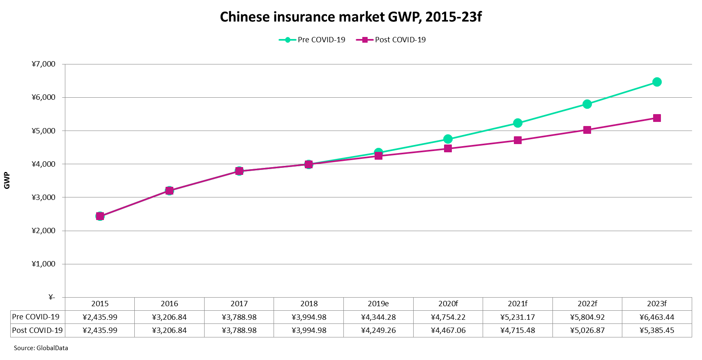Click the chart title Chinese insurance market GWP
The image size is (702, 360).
click(350, 17)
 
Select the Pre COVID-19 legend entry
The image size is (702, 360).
click(312, 40)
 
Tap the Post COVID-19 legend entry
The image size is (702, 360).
click(391, 40)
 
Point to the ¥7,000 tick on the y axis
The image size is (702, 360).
click(44, 64)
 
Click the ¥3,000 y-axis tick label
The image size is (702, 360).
click(44, 197)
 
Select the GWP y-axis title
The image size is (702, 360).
click(7, 181)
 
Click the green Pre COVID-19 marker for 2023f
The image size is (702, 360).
click(656, 82)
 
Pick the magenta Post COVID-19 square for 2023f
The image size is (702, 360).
click(656, 118)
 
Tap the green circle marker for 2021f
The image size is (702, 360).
click(518, 123)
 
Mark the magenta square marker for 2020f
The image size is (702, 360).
click(448, 149)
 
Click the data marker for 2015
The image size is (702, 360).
click(100, 216)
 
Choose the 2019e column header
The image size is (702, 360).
click(378, 304)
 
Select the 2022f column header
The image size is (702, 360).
click(587, 304)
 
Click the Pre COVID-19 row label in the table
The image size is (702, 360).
click(36, 317)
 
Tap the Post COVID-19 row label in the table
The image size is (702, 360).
click(37, 330)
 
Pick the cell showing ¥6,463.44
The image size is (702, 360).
click(656, 317)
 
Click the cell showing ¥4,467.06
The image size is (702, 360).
click(448, 330)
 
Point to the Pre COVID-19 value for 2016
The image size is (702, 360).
click(169, 317)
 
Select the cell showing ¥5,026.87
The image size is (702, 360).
click(587, 330)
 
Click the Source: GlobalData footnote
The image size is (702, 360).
click(41, 348)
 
